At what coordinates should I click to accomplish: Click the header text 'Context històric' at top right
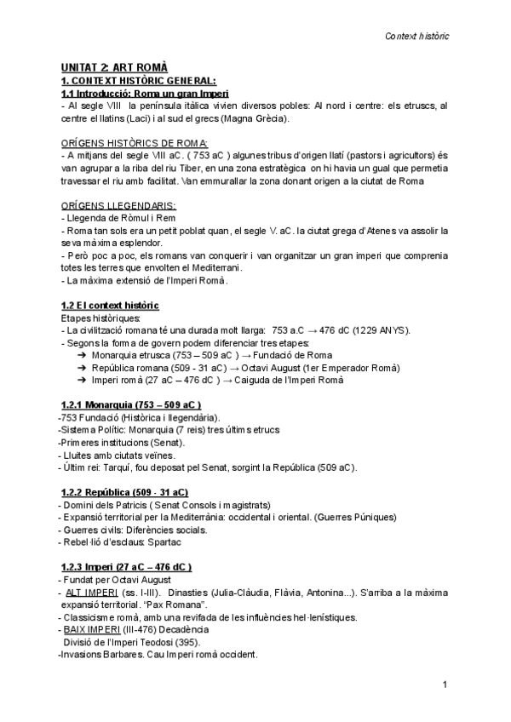click(x=417, y=37)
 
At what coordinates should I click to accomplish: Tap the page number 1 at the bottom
click(x=445, y=685)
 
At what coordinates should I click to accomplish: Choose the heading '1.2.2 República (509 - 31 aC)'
click(x=125, y=493)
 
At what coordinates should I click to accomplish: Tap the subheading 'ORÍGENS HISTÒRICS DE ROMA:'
click(x=135, y=142)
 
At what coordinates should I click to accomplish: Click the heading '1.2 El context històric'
click(x=110, y=306)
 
